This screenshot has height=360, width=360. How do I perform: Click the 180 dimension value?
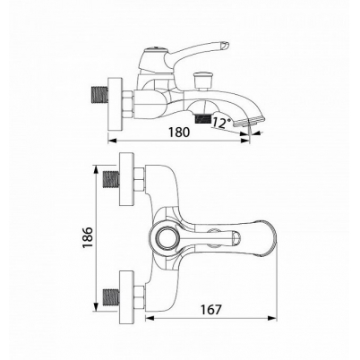click(179, 132)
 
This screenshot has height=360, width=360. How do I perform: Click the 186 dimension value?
click(88, 237)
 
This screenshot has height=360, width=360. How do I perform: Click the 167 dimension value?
click(211, 310)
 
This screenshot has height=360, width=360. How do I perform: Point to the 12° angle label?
click(222, 123)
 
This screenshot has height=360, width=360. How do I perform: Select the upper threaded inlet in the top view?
click(110, 179)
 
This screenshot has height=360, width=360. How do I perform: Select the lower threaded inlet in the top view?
click(110, 296)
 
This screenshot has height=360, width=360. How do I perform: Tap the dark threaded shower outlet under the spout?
click(203, 120)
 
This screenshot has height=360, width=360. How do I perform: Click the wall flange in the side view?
click(115, 104)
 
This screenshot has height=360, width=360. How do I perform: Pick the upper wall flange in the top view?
click(126, 179)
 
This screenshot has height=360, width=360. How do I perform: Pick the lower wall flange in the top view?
click(126, 296)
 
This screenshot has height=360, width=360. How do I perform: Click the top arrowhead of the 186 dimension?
click(96, 170)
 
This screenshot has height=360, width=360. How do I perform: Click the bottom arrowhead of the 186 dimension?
click(96, 307)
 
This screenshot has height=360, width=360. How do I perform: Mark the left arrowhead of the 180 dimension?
click(112, 141)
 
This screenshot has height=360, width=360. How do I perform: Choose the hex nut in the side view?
click(128, 104)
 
